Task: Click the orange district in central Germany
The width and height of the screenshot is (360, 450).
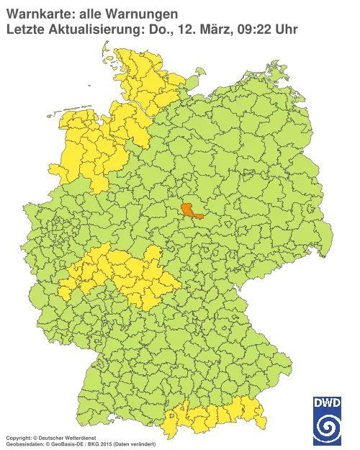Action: [x=190, y=210]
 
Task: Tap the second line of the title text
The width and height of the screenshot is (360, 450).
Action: [x=151, y=29]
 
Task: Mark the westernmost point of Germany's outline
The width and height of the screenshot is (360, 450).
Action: [x=25, y=217]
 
